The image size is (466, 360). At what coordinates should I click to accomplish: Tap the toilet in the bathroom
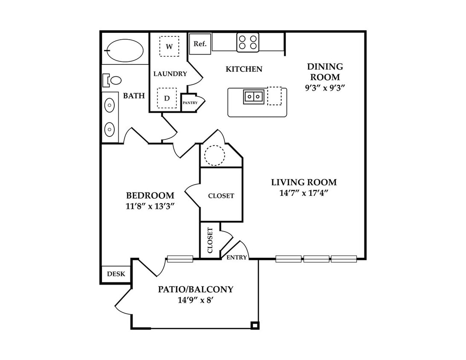coord(112,80)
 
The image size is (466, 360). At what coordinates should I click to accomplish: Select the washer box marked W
coord(169,46)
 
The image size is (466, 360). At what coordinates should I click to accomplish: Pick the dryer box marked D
coord(167,98)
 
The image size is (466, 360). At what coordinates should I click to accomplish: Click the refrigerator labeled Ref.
coord(200,44)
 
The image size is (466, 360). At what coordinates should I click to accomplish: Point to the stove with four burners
coord(248,43)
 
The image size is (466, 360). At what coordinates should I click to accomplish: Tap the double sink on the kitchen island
coord(253,97)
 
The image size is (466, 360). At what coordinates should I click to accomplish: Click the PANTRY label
coord(190,103)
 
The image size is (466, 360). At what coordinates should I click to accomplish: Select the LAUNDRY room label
coord(170,74)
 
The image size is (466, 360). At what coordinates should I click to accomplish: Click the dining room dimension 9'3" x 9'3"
coord(325,88)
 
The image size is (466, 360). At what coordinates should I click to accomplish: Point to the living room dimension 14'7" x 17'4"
coord(304,193)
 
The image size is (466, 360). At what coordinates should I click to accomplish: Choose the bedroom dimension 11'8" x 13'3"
coord(150,206)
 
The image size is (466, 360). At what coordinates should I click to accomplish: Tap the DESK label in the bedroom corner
coord(116,274)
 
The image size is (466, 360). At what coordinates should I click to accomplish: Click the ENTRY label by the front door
coord(236,258)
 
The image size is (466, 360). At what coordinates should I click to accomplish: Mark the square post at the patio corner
coord(255,325)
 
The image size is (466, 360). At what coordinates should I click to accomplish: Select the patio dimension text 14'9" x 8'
coord(196,300)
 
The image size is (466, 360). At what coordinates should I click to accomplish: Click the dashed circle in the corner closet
coord(214,155)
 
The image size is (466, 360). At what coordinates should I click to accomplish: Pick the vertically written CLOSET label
coord(210,240)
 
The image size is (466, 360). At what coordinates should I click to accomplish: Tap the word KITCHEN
coord(244,69)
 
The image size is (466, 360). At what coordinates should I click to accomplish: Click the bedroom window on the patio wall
coord(180,259)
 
